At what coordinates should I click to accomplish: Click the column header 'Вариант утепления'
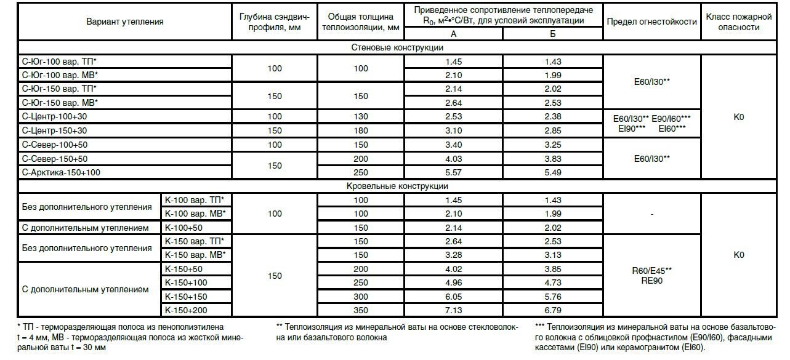pyautogui.click(x=124, y=22)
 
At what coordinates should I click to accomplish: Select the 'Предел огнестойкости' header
pyautogui.click(x=652, y=22)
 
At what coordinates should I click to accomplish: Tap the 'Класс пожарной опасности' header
pyautogui.click(x=739, y=22)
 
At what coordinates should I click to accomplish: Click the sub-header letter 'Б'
pyautogui.click(x=552, y=34)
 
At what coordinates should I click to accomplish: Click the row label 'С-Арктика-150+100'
pyautogui.click(x=61, y=172)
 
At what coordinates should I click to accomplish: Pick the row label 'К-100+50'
pyautogui.click(x=183, y=228)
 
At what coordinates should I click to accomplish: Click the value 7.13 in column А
pyautogui.click(x=453, y=310)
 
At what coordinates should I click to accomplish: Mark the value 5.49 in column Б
pyautogui.click(x=552, y=172)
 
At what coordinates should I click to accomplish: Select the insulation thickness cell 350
pyautogui.click(x=360, y=310)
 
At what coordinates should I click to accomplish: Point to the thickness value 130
pyautogui.click(x=360, y=116)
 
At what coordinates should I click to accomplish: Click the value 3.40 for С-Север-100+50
pyautogui.click(x=453, y=145)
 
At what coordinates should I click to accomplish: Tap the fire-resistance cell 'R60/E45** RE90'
pyautogui.click(x=652, y=276)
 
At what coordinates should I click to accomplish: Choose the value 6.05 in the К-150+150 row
pyautogui.click(x=453, y=297)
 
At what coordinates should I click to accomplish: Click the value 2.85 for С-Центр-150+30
pyautogui.click(x=552, y=130)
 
